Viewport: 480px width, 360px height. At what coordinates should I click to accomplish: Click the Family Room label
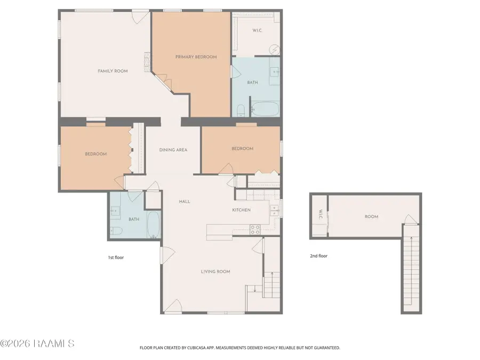tap(113, 71)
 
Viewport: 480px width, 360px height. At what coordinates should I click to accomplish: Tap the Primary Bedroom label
tap(196, 57)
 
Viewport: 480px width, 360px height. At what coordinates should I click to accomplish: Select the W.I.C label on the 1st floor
tap(257, 30)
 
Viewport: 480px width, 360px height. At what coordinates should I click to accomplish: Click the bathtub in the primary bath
tap(265, 109)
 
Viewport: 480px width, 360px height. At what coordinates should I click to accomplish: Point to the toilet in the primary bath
tap(241, 110)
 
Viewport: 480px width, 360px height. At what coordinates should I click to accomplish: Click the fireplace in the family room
tap(148, 62)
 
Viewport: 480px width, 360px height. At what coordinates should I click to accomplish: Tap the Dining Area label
tap(173, 150)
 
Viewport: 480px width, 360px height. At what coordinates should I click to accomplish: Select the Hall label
tap(185, 202)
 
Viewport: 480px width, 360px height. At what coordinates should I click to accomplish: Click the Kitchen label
tap(242, 210)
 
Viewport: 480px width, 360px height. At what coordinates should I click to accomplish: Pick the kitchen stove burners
tap(255, 229)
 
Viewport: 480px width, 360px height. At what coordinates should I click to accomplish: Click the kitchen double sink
tap(274, 211)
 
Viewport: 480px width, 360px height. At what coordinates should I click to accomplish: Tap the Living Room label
tap(215, 271)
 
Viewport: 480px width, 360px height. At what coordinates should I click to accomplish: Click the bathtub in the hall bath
tap(154, 225)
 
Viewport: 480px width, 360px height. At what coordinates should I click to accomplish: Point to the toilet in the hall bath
tap(116, 230)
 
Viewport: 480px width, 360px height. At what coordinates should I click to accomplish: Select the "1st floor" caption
tap(116, 258)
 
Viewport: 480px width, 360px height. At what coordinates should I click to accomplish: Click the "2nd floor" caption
tap(319, 256)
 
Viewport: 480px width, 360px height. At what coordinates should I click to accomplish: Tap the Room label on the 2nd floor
tap(371, 217)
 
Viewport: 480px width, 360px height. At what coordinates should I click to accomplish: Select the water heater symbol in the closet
tap(275, 49)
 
